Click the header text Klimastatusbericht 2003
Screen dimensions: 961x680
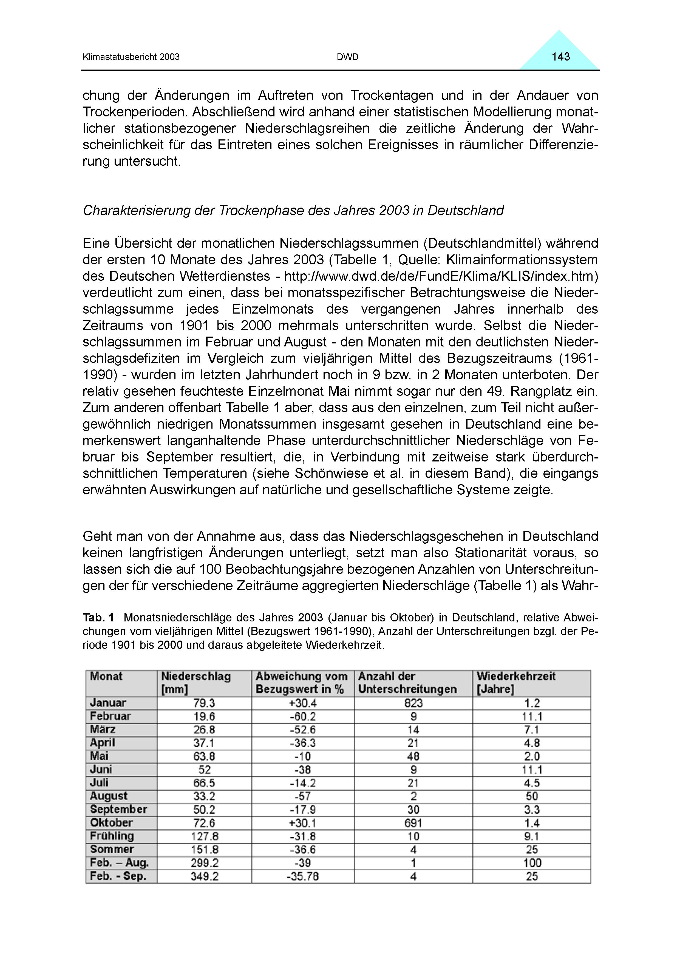[x=131, y=57]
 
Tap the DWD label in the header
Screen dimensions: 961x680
[x=347, y=57]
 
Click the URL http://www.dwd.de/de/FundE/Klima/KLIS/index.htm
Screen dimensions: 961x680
[x=441, y=276]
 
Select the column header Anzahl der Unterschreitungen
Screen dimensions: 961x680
[x=407, y=683]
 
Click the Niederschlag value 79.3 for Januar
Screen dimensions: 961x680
[x=204, y=703]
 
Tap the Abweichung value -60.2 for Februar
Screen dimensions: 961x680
[x=302, y=716]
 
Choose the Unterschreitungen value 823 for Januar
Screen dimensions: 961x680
[x=413, y=703]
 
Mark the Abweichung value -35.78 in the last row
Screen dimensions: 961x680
[x=302, y=876]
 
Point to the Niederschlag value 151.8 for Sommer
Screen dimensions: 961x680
[x=204, y=850]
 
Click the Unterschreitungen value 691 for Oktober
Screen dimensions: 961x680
[x=413, y=823]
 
